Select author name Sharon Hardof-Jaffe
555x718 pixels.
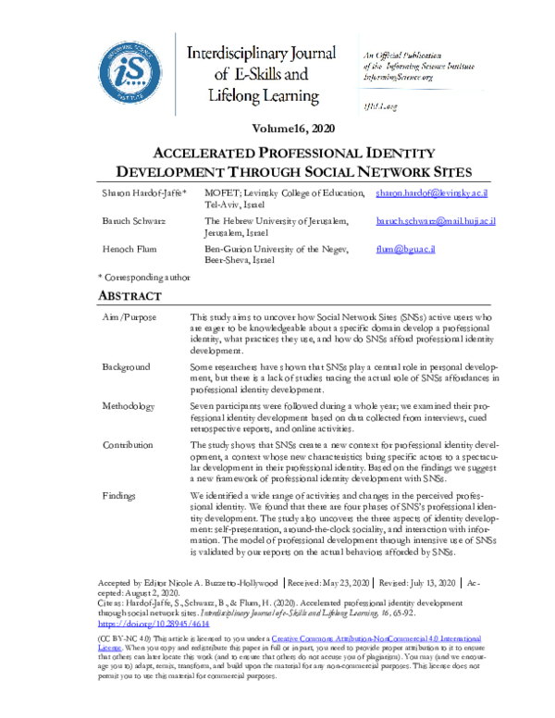point(142,192)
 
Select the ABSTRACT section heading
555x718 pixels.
point(129,297)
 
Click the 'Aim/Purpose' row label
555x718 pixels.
point(129,317)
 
